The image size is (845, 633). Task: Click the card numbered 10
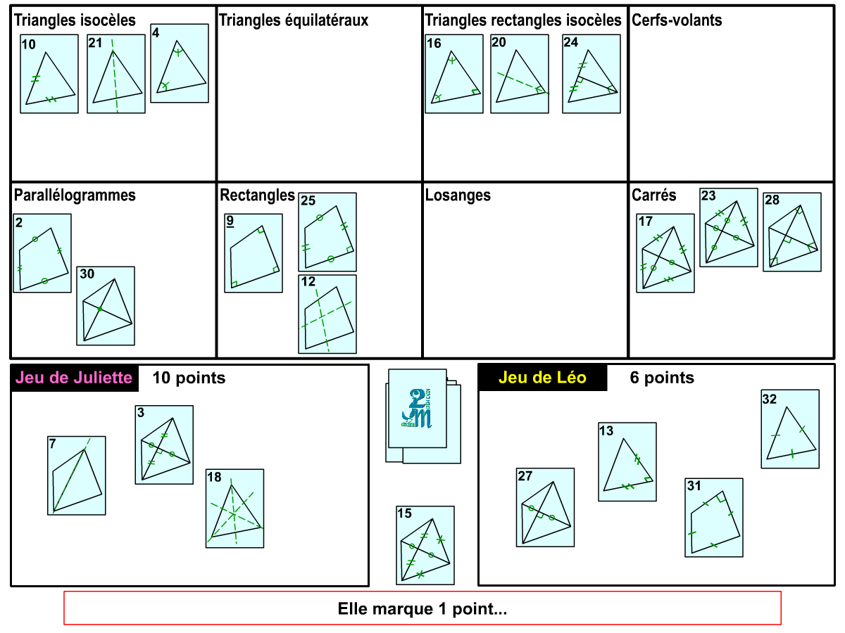tap(49, 74)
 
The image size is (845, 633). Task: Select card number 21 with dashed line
tap(116, 74)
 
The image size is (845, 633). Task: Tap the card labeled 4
tap(180, 63)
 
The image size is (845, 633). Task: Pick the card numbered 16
tap(454, 74)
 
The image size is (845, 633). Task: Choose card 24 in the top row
tap(591, 74)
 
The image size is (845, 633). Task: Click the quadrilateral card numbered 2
tap(42, 253)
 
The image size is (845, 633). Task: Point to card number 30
tap(106, 306)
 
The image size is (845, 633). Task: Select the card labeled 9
tap(254, 253)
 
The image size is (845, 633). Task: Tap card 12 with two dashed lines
tap(327, 314)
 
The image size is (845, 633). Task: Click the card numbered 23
tap(729, 227)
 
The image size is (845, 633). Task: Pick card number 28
tap(792, 232)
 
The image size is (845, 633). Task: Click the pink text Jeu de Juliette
tap(74, 378)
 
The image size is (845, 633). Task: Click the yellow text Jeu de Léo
tap(542, 378)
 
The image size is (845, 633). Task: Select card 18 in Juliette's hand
tap(234, 509)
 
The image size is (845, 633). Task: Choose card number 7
tap(77, 475)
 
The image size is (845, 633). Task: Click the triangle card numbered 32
tap(790, 429)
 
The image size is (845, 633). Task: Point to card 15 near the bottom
tap(425, 545)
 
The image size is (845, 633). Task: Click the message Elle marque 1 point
tap(423, 608)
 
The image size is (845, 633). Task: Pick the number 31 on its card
tap(694, 486)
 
